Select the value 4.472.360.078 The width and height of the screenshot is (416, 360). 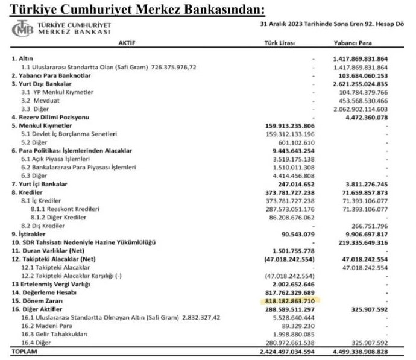[367, 116]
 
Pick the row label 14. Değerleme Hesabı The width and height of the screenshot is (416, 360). [44, 291]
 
